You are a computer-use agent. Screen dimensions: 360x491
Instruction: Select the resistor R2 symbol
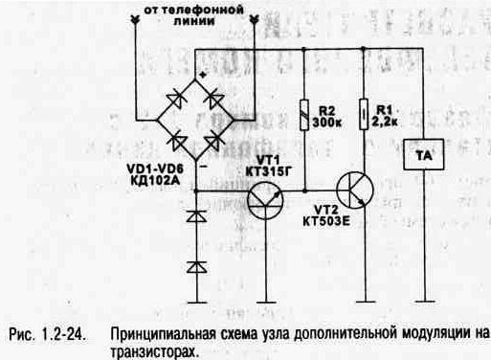(303, 112)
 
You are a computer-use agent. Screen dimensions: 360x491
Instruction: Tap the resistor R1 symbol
(363, 112)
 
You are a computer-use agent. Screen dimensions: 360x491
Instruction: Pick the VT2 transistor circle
(356, 191)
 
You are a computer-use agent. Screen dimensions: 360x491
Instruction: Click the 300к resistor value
(330, 124)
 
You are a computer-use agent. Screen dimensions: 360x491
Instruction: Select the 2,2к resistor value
(388, 124)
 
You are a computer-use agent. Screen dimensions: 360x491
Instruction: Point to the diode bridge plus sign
(202, 74)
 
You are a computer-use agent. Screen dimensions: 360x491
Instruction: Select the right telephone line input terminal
(255, 18)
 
